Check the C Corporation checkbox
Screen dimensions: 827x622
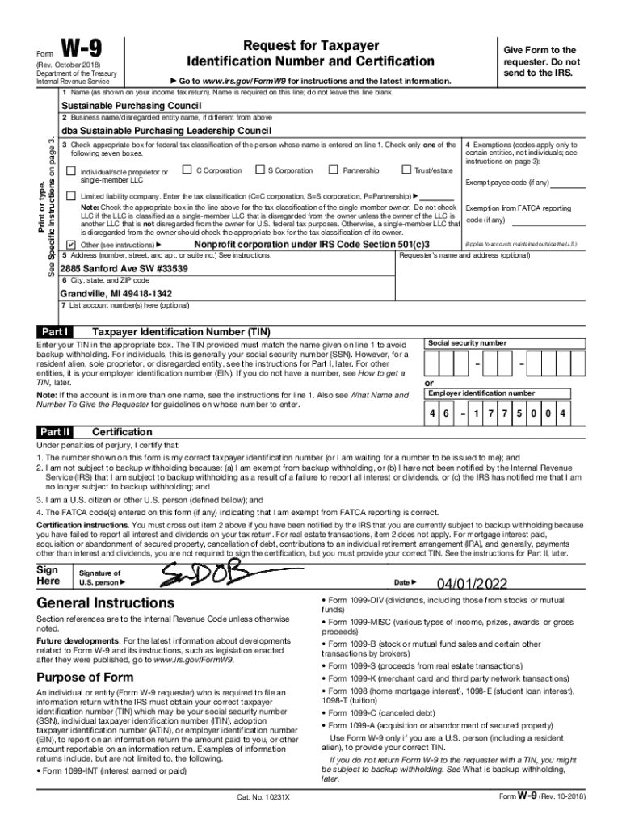187,170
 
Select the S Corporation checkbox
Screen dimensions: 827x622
259,170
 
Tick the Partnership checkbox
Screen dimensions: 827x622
333,170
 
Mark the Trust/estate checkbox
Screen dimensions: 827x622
406,170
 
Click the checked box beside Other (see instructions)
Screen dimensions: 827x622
70,244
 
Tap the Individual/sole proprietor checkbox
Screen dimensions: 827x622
70,171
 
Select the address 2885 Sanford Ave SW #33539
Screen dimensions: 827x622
124,268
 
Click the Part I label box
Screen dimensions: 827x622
55,332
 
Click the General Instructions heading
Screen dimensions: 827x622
105,603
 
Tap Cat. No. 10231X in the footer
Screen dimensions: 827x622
263,797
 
